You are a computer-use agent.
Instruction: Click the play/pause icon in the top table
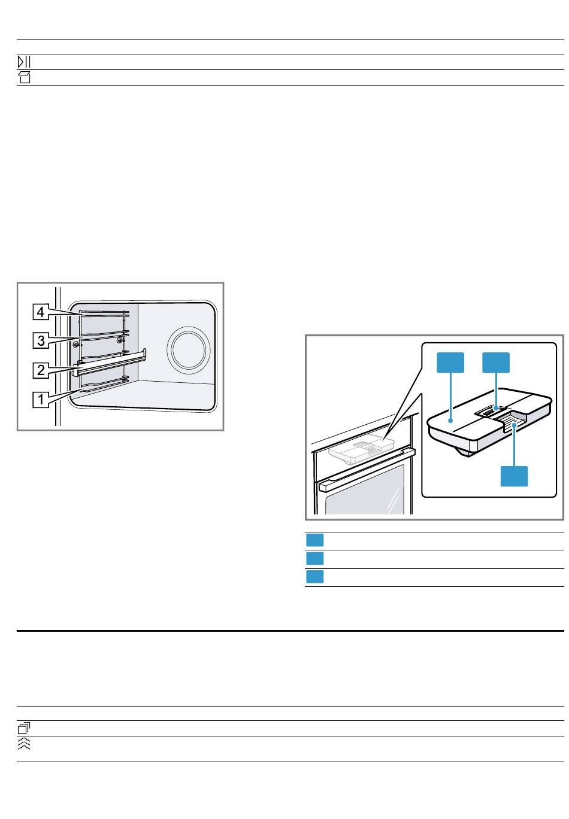pos(24,62)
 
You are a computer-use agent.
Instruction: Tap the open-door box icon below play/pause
pos(24,78)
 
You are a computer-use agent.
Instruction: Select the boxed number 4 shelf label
pos(41,312)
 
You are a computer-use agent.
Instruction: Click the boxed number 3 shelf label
pos(41,340)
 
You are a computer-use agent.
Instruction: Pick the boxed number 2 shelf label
pos(41,370)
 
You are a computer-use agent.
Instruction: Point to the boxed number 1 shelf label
pos(41,399)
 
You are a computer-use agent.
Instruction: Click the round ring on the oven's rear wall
pos(188,348)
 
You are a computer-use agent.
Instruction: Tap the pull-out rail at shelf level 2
pos(110,363)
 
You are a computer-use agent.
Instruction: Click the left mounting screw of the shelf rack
pos(75,344)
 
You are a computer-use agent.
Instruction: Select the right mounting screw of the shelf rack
pos(119,340)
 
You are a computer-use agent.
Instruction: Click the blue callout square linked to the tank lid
pos(450,363)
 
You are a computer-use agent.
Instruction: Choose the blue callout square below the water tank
pos(514,476)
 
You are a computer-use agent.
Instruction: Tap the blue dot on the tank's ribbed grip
pos(514,425)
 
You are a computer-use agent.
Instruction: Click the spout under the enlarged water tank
pos(465,453)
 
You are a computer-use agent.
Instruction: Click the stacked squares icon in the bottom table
pos(24,728)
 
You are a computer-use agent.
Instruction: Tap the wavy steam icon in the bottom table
pos(24,744)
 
